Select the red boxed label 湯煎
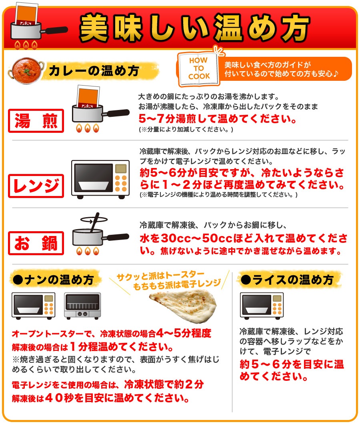36,120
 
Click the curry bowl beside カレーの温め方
25,70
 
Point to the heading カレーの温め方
94,71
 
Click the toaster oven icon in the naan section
82,305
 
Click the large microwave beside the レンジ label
100,179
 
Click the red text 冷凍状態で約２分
164,385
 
